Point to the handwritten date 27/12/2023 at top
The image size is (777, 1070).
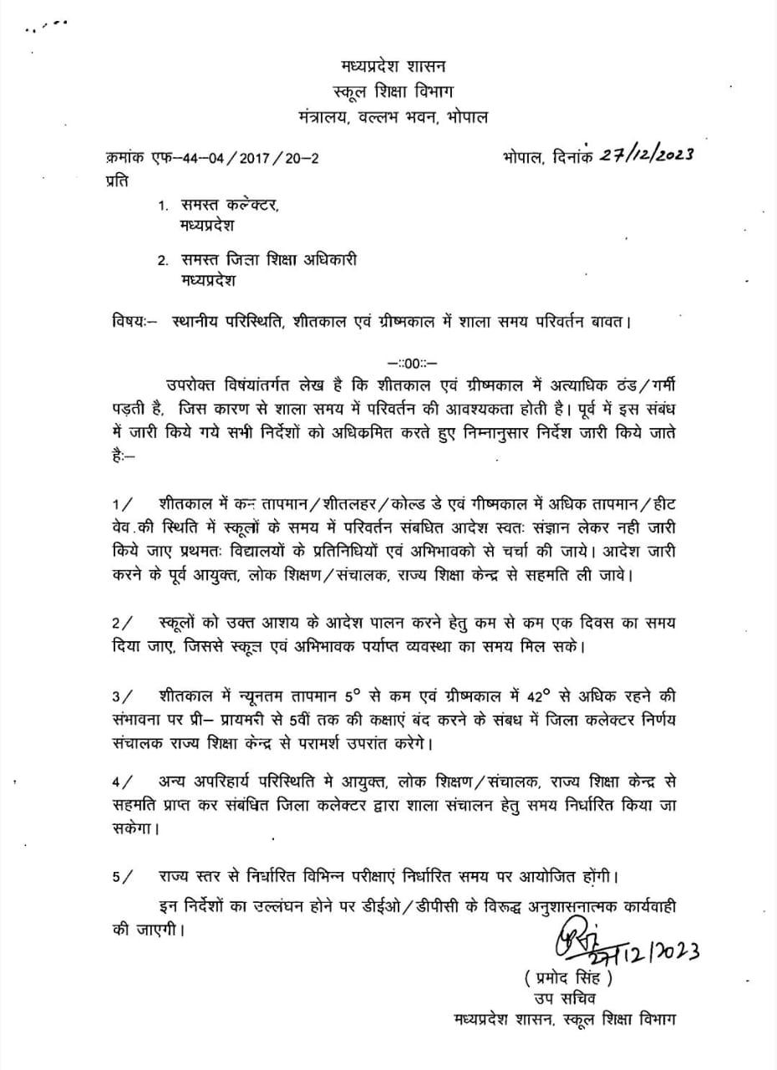pyautogui.click(x=647, y=155)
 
